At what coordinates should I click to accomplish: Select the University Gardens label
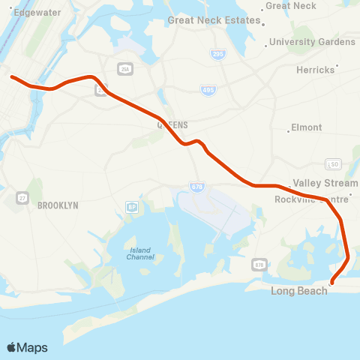point(312,42)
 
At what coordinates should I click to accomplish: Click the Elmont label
point(307,127)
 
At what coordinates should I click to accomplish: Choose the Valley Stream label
point(320,183)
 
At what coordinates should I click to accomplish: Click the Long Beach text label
point(299,290)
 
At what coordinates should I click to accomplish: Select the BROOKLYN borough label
point(58,205)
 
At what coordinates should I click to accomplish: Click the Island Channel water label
point(140,253)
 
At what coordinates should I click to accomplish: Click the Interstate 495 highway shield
point(209,90)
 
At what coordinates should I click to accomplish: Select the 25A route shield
point(124,69)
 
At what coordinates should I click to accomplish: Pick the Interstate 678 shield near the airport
point(196,187)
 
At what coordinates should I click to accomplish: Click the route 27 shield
point(22,197)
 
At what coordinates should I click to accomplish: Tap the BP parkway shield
point(132,206)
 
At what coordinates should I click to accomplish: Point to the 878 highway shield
point(259,265)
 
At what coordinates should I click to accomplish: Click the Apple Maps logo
point(27,347)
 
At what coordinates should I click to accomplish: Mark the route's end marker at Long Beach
point(332,282)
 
